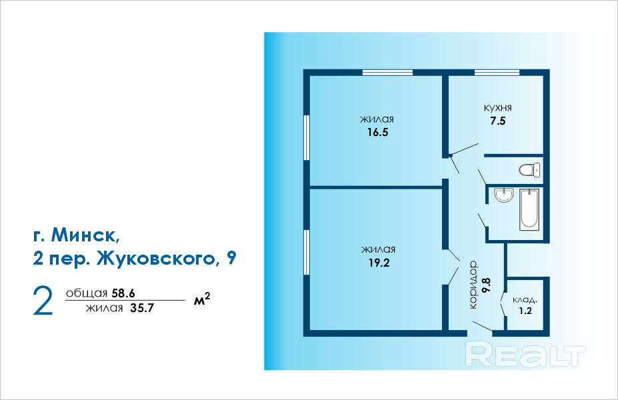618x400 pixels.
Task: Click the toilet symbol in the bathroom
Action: click(531, 170)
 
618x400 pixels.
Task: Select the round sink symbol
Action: click(503, 195)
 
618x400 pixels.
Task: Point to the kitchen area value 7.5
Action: click(497, 121)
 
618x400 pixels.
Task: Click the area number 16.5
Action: click(377, 132)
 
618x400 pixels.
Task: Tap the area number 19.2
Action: click(377, 263)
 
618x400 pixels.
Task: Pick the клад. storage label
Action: click(525, 300)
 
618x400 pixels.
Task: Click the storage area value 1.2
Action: click(525, 311)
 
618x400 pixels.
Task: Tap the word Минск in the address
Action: click(85, 235)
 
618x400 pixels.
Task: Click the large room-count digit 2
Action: click(43, 301)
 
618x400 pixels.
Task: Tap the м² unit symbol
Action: click(202, 300)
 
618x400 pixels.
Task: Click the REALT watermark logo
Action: click(525, 353)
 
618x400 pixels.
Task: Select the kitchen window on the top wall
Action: click(497, 72)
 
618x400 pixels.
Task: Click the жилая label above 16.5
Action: click(377, 119)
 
